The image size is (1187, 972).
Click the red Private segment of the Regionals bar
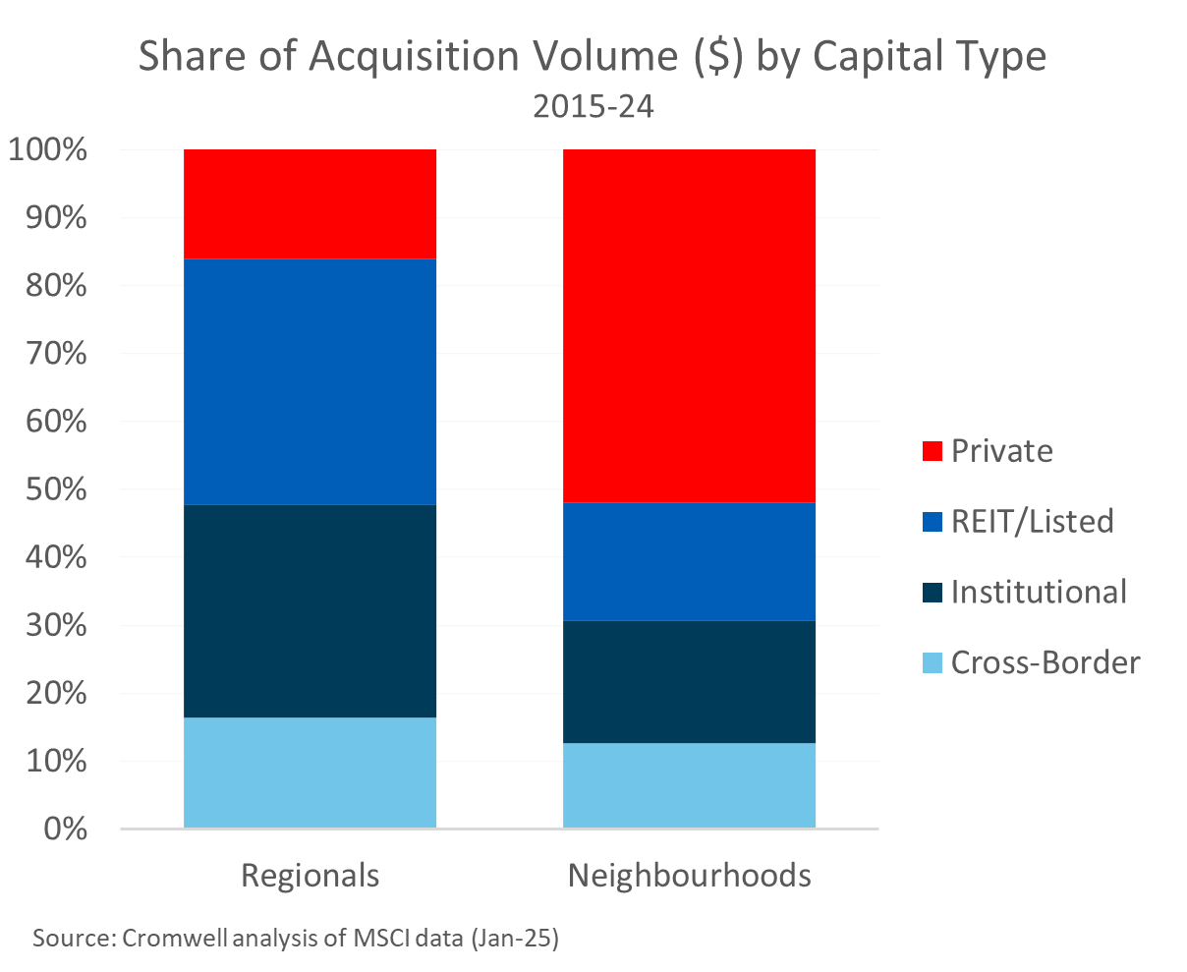[310, 203]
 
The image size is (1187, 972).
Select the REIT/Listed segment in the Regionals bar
[310, 381]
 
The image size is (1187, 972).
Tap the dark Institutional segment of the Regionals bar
[310, 610]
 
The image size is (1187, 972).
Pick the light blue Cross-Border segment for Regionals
[310, 772]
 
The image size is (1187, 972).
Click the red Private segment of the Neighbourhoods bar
[689, 325]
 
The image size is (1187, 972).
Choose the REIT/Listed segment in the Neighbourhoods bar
[689, 561]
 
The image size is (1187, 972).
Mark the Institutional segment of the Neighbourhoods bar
[689, 681]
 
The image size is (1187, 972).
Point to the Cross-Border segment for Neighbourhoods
[689, 785]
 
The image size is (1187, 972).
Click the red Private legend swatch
[932, 451]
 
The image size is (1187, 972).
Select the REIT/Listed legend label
[1032, 521]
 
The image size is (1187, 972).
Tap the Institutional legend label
[1039, 592]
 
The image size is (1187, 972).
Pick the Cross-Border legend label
[1046, 662]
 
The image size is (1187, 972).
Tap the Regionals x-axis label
[310, 875]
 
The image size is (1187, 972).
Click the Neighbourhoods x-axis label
[689, 875]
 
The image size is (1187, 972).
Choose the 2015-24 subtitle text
[593, 106]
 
